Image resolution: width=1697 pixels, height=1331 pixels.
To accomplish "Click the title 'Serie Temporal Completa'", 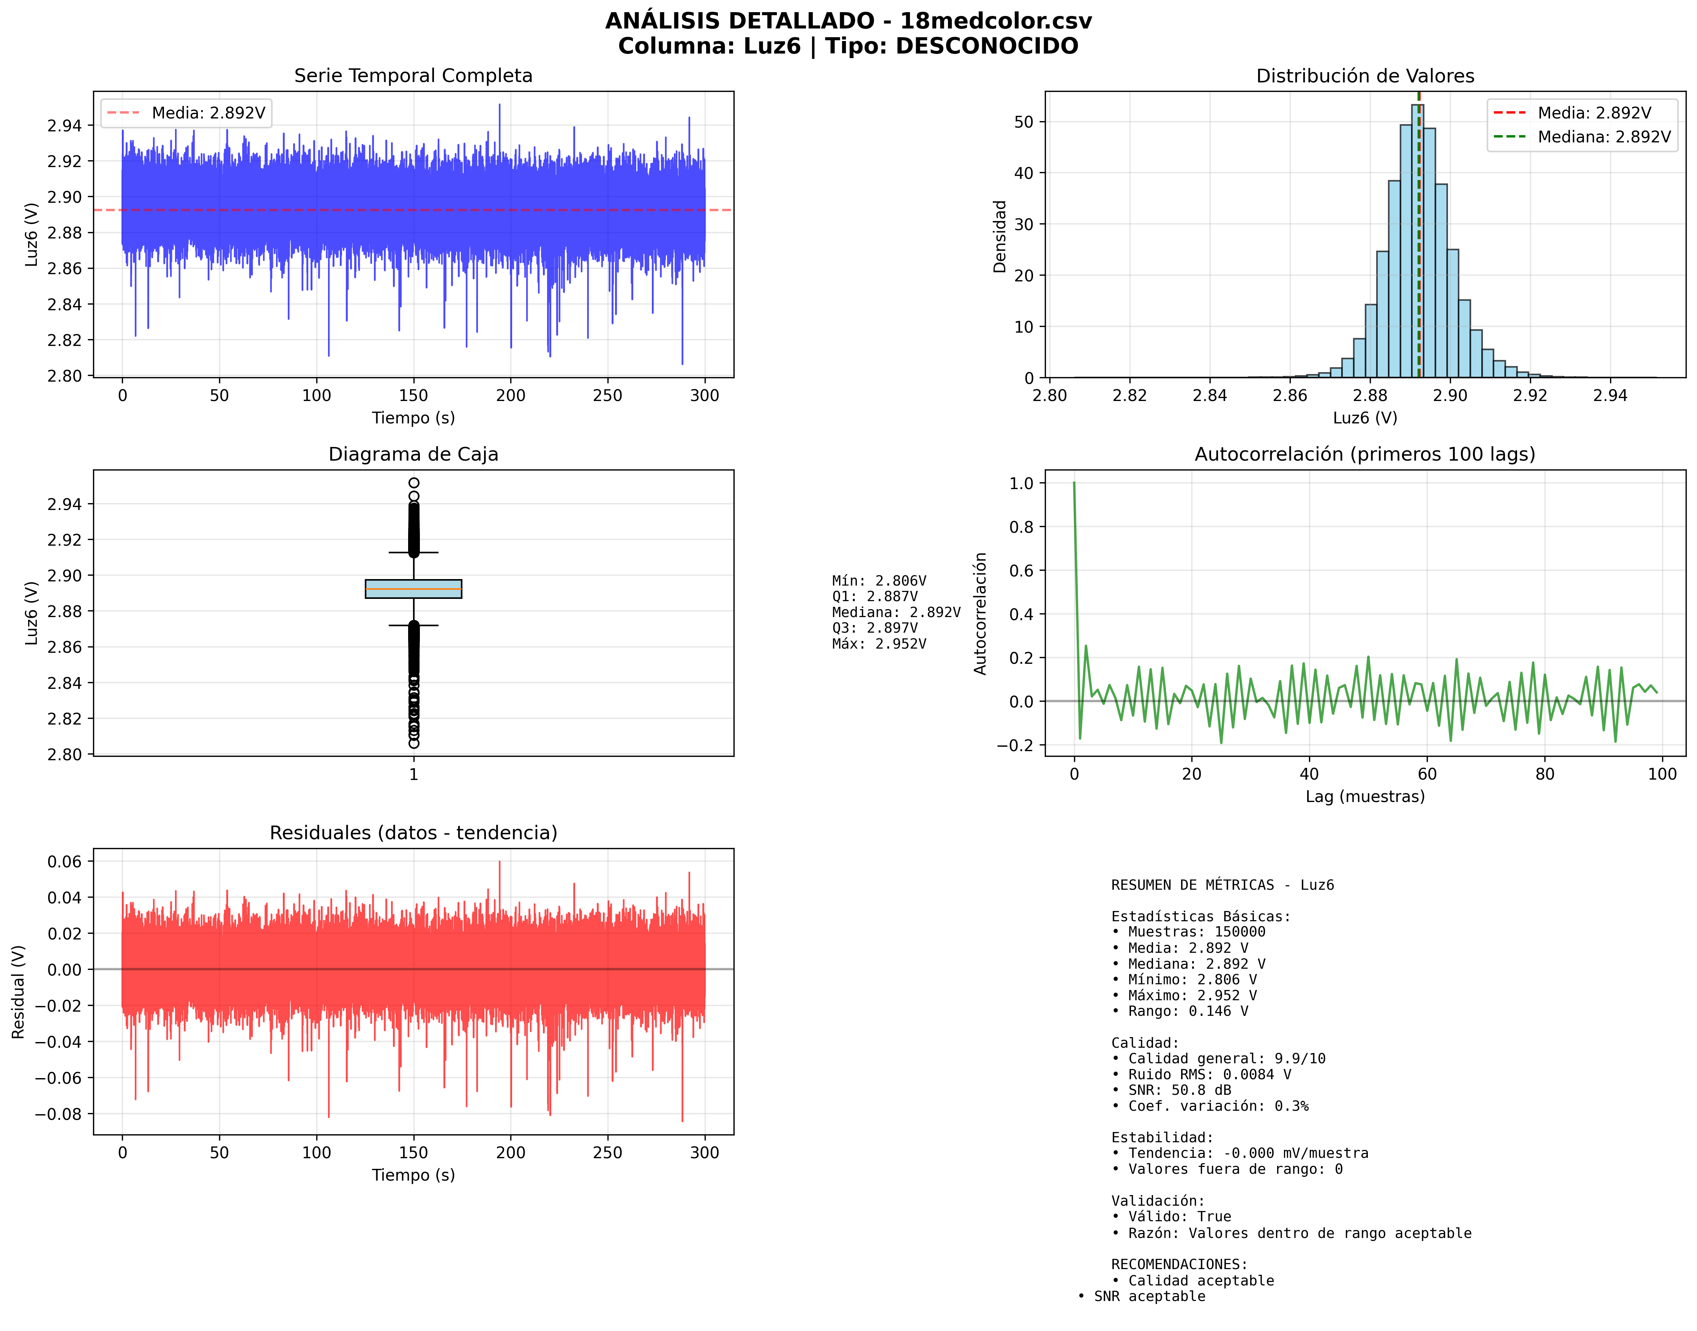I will pos(413,76).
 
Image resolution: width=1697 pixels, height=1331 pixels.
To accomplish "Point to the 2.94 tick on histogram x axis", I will pos(1610,395).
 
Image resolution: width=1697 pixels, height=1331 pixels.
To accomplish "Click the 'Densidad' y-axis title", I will pos(1000,236).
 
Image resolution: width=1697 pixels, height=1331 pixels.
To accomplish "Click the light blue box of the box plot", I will pos(414,588).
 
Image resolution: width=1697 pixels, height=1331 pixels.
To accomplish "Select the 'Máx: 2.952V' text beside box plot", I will pos(879,644).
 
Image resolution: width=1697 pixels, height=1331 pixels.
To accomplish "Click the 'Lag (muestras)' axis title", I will pos(1365,796).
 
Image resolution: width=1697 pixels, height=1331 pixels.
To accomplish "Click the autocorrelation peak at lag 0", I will pos(1074,483).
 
